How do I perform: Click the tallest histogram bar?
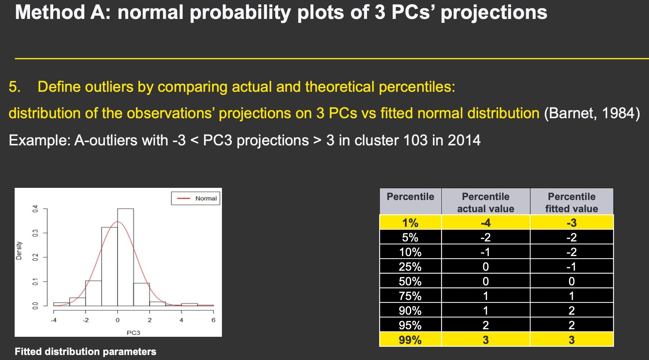pos(125,257)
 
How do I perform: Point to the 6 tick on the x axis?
pos(213,320)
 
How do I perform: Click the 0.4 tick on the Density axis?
pos(35,209)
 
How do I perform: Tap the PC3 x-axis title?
pos(133,333)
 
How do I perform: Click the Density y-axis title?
pos(19,250)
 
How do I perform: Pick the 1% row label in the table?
pos(410,223)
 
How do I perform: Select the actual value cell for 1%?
pos(485,223)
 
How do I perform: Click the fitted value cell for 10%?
pos(571,252)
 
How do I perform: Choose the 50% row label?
pos(410,281)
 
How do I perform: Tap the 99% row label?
pos(410,340)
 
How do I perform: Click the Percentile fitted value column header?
pos(571,202)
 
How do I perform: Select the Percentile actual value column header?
pos(485,202)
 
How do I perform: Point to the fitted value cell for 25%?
pos(571,267)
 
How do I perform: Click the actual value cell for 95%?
pos(485,325)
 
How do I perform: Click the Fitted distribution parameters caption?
pos(85,351)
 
